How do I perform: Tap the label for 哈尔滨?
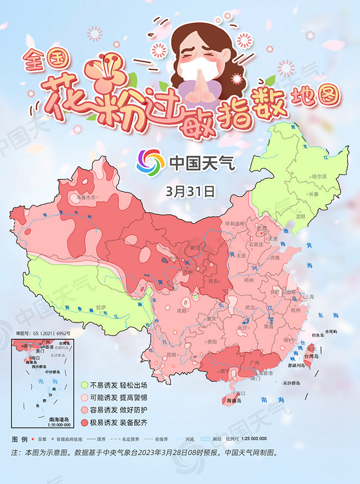pos(320,176)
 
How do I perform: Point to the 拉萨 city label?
pos(100,307)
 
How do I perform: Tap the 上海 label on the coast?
pos(308,297)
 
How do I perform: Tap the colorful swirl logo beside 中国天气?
pos(151,162)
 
